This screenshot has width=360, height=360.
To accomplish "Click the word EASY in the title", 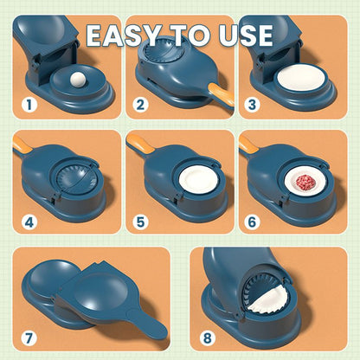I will pyautogui.click(x=129, y=35).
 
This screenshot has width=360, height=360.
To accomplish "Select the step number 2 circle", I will pyautogui.click(x=140, y=106).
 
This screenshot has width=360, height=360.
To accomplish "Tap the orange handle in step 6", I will pyautogui.click(x=248, y=144).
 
